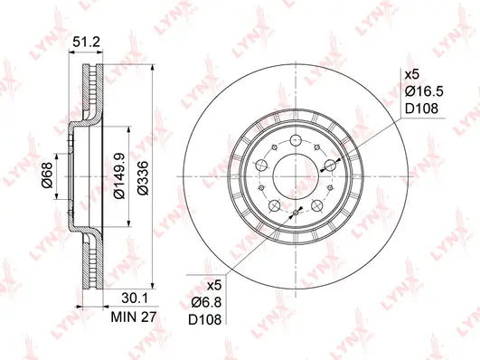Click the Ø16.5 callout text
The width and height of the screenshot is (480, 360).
422,91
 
